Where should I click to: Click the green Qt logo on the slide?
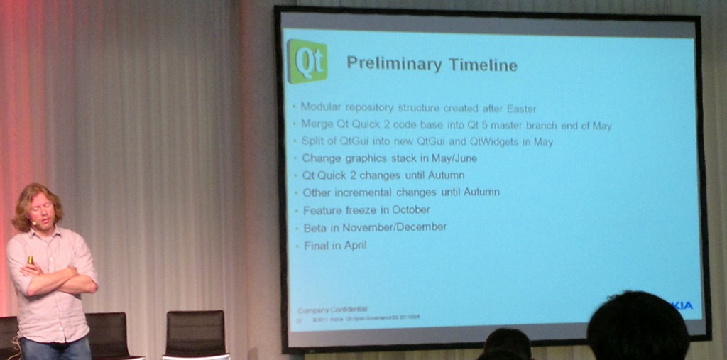[x=307, y=62]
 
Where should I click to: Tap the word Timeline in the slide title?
[x=482, y=65]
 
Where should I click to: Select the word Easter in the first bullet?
[x=521, y=109]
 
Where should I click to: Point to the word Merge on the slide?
[x=316, y=124]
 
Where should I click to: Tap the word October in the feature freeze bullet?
[x=410, y=209]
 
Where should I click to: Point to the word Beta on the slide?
[x=315, y=227]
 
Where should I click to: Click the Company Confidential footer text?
[x=332, y=310]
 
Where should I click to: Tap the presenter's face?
[x=40, y=210]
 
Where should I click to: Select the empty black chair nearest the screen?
[x=195, y=334]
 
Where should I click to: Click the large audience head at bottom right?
[x=637, y=327]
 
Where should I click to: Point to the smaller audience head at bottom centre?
[x=507, y=345]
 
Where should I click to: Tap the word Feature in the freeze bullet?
[x=322, y=209]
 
